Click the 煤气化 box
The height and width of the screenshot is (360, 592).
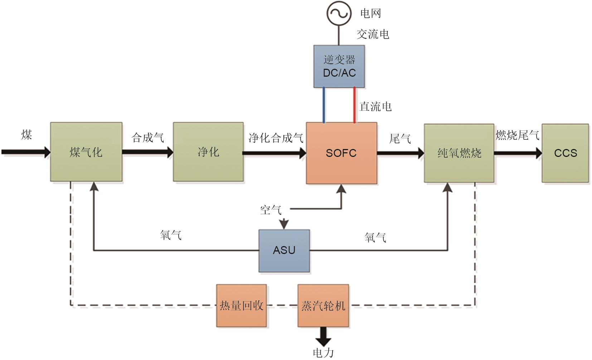click(x=86, y=152)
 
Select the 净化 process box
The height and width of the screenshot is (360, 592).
click(x=208, y=152)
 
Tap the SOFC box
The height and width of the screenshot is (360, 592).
click(x=341, y=153)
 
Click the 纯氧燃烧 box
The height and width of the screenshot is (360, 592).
click(x=459, y=153)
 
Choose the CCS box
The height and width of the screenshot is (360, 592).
click(x=565, y=153)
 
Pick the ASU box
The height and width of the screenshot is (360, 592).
click(x=284, y=250)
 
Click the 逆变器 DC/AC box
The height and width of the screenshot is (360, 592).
click(x=339, y=66)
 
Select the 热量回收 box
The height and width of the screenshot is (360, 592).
click(x=242, y=306)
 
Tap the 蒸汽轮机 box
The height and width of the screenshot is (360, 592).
click(x=323, y=306)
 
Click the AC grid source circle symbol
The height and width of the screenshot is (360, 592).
click(x=338, y=13)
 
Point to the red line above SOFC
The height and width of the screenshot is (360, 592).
click(x=355, y=105)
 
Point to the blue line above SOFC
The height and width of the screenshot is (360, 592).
click(x=324, y=105)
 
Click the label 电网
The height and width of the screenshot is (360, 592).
click(x=370, y=13)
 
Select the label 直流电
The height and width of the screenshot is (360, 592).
click(x=375, y=106)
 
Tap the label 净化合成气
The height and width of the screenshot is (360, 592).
click(x=276, y=138)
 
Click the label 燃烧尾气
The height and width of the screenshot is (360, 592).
click(x=517, y=135)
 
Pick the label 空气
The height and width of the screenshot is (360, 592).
click(x=271, y=210)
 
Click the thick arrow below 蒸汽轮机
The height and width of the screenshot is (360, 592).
click(x=323, y=335)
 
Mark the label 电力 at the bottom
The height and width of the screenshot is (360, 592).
click(x=323, y=353)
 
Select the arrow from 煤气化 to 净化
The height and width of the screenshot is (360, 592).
click(x=147, y=152)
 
